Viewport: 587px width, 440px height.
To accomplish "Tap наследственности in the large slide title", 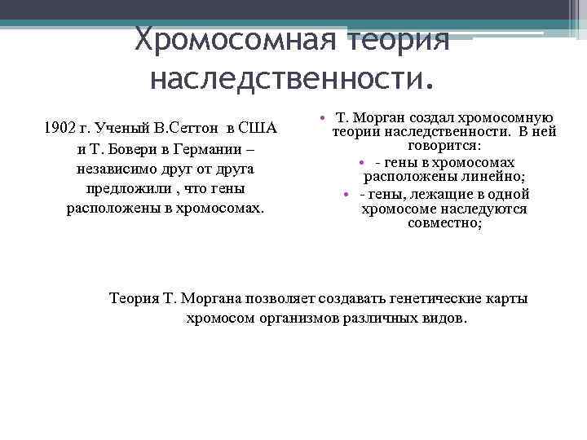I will click(x=289, y=79).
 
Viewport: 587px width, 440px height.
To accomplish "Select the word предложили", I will click(x=123, y=188).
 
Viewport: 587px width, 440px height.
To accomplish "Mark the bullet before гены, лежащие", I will click(x=346, y=194).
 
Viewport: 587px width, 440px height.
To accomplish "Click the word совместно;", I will click(x=445, y=222).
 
